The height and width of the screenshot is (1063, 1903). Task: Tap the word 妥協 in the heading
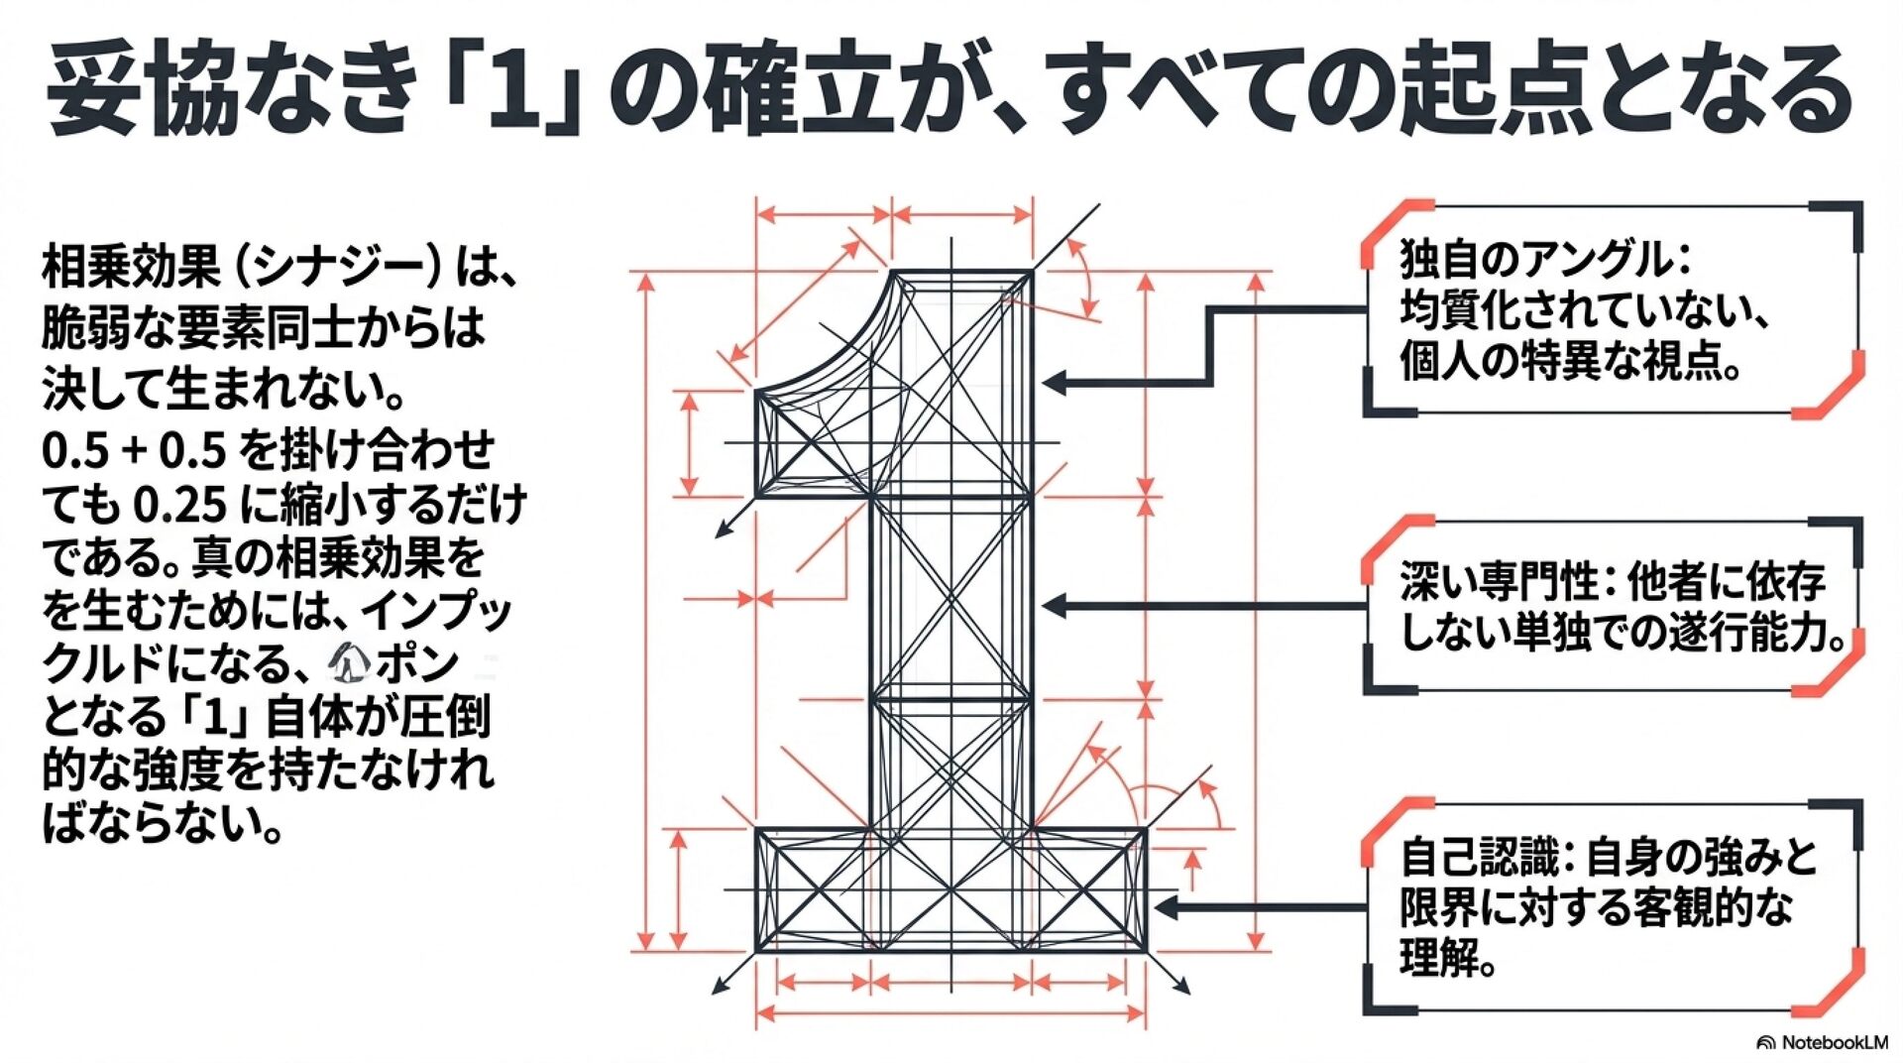(x=140, y=89)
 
